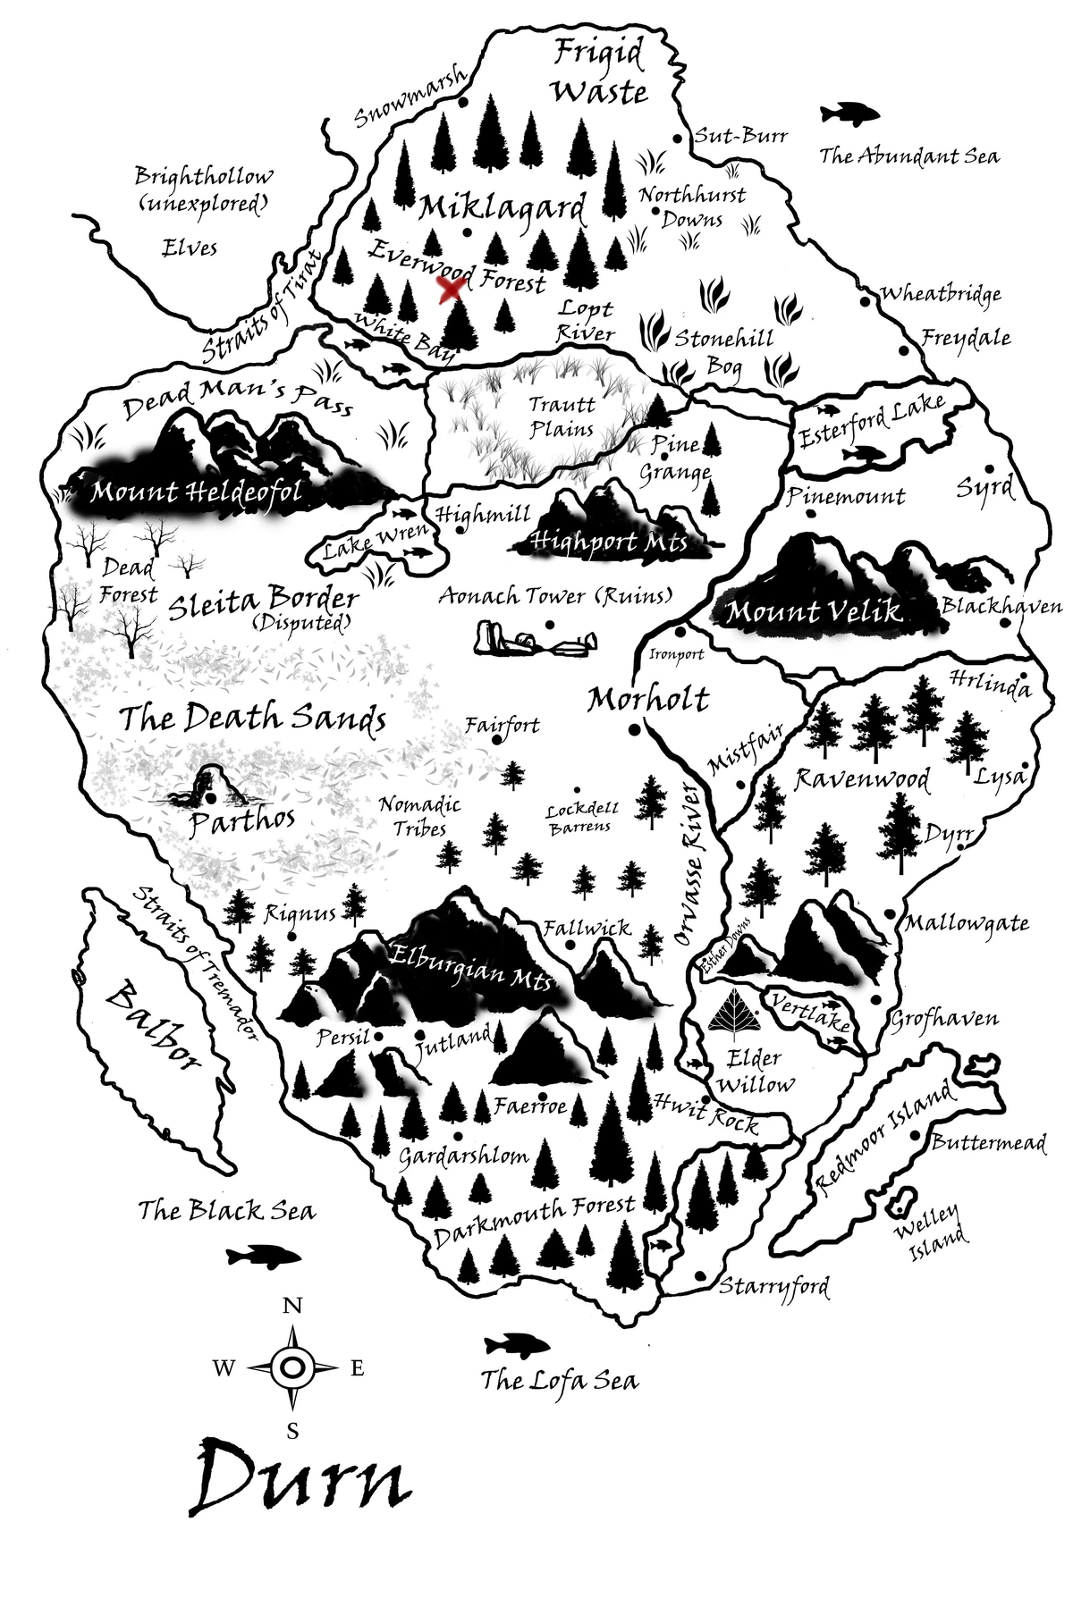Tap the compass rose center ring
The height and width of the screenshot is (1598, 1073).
point(292,1367)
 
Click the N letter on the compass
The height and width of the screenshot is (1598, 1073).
point(291,1306)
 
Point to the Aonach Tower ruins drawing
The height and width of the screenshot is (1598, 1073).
point(535,639)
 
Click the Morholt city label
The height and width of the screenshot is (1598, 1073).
point(648,699)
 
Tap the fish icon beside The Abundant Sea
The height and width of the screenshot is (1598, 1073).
point(849,114)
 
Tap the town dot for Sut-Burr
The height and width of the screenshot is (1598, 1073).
point(678,139)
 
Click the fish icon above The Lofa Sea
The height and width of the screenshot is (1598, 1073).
point(516,1344)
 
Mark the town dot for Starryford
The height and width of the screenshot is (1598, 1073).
point(700,1275)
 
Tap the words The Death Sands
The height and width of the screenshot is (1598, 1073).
point(252,719)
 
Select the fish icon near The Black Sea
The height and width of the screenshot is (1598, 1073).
point(263,1256)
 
